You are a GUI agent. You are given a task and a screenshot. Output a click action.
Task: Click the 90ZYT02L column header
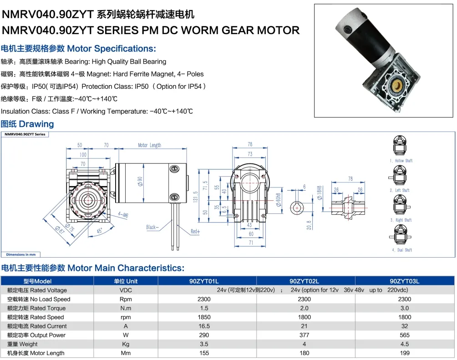[304, 281]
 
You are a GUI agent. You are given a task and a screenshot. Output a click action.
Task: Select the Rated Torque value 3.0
[404, 308]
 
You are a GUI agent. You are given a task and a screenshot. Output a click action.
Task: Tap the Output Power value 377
[304, 335]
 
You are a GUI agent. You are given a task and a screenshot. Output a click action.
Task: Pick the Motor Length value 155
[204, 353]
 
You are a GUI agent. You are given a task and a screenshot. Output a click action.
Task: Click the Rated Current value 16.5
[204, 326]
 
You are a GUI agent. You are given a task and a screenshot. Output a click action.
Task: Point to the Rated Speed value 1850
[204, 317]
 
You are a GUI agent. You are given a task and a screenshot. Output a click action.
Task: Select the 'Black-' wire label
[152, 227]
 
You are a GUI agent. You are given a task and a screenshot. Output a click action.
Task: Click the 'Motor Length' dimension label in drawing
[149, 145]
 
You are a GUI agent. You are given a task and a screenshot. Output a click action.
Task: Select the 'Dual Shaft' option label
[402, 250]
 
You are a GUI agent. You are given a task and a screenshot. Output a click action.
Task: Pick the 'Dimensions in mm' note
[21, 254]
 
